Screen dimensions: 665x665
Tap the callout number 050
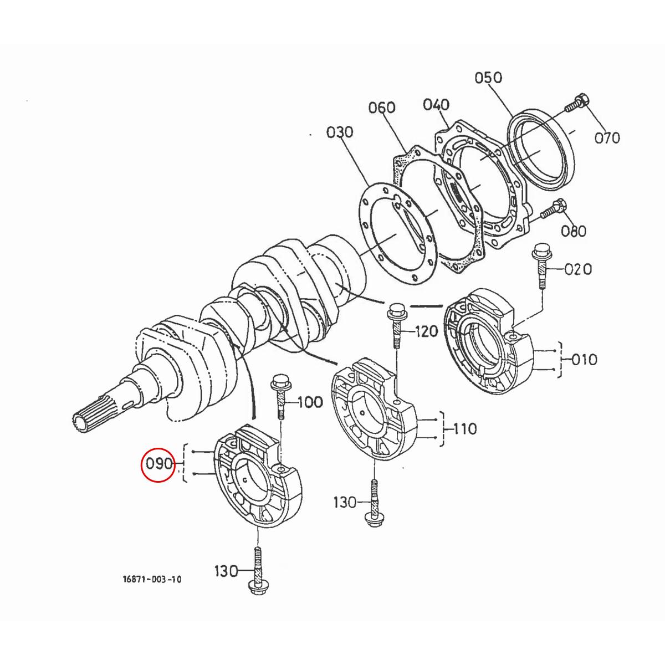(x=488, y=78)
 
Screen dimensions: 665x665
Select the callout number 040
(x=436, y=105)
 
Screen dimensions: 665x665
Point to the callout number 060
(x=382, y=107)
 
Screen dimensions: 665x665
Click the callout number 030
(x=339, y=132)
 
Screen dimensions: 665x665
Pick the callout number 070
(x=607, y=137)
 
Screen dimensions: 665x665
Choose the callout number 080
(x=573, y=230)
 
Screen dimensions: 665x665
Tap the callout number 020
(x=578, y=269)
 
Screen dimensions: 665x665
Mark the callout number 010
(x=584, y=360)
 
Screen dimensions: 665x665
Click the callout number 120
(x=426, y=331)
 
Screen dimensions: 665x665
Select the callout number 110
(x=464, y=428)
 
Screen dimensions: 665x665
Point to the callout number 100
(x=310, y=402)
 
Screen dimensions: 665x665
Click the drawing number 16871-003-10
(x=152, y=580)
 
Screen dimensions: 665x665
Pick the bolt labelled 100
(x=279, y=396)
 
